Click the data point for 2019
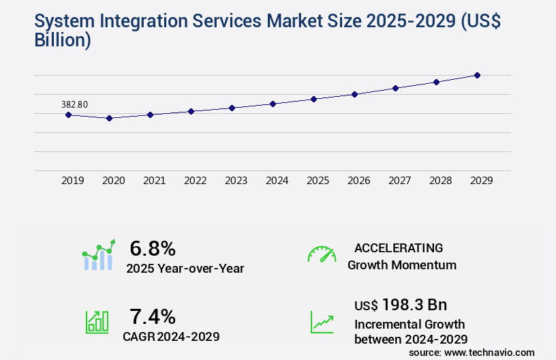(68, 115)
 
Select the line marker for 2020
(109, 118)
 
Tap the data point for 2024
(273, 104)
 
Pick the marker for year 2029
(477, 75)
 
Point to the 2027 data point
(395, 88)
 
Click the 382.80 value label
(74, 104)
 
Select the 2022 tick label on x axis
(196, 181)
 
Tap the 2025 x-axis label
(318, 181)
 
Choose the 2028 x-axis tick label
(441, 181)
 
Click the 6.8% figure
(153, 248)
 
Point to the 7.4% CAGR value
(153, 316)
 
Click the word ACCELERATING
(399, 247)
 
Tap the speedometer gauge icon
(322, 254)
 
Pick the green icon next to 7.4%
(97, 322)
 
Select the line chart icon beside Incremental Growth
(322, 322)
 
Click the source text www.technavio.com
(489, 352)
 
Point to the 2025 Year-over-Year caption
(185, 268)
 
